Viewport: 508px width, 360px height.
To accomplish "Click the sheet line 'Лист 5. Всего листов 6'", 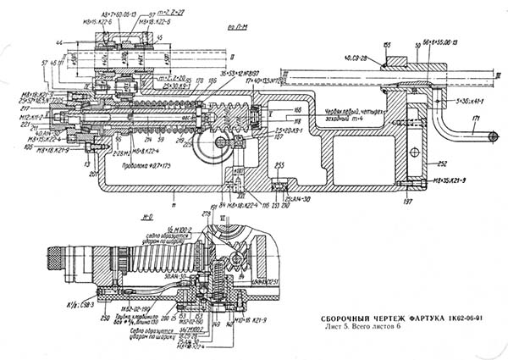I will click(359, 326).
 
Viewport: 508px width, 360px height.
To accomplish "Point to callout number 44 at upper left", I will click(35, 42).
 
